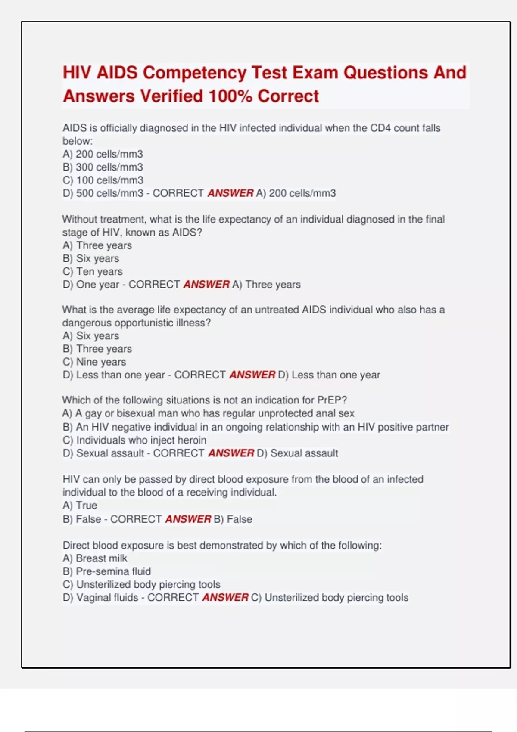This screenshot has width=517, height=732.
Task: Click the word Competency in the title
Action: pyautogui.click(x=194, y=73)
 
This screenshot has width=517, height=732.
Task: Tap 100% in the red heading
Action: pyautogui.click(x=230, y=96)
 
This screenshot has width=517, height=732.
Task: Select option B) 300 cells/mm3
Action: pyautogui.click(x=103, y=167)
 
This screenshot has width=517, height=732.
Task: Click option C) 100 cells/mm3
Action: pyautogui.click(x=103, y=180)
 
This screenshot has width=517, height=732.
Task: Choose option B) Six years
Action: pyautogui.click(x=90, y=258)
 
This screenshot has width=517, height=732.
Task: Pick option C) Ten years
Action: pyautogui.click(x=92, y=271)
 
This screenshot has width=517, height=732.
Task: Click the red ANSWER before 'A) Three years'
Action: pyautogui.click(x=206, y=285)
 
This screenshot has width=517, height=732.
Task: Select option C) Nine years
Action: pyautogui.click(x=94, y=362)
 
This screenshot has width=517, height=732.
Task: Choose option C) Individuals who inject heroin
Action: pyautogui.click(x=134, y=440)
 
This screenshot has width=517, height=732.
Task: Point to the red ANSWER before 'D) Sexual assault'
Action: pyautogui.click(x=231, y=453)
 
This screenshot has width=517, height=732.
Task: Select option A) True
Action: pyautogui.click(x=80, y=505)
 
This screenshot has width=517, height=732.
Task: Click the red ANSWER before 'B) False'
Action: pyautogui.click(x=188, y=519)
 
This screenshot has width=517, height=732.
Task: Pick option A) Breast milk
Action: pyautogui.click(x=95, y=558)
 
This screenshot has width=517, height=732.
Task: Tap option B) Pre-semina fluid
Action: pyautogui.click(x=106, y=571)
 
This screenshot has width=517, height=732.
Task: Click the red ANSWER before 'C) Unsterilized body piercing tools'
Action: pyautogui.click(x=225, y=597)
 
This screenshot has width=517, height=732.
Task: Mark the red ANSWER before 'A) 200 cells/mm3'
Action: pyautogui.click(x=230, y=193)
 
